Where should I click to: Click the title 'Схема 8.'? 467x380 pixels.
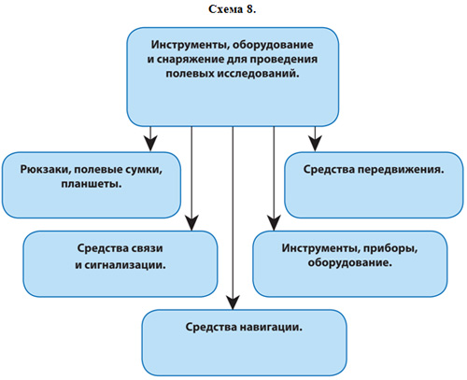[232, 9]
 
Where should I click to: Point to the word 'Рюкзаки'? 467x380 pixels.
[46, 170]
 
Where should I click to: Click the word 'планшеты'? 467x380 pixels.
[92, 184]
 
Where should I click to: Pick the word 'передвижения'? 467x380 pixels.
[401, 170]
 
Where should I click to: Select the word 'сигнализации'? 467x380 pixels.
[124, 265]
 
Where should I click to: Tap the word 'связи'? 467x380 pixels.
[146, 248]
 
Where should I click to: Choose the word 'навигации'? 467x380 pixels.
[271, 327]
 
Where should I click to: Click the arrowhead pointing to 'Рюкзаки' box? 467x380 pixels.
[150, 144]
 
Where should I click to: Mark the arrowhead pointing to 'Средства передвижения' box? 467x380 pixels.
[315, 144]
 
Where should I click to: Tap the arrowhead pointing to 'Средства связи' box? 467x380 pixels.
[191, 223]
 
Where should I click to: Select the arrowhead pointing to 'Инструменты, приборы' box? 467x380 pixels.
[274, 223]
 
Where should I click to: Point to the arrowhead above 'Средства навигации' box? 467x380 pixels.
[233, 302]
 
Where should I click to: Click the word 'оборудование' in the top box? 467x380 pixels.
[273, 45]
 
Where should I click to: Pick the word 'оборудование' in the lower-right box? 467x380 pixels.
[349, 262]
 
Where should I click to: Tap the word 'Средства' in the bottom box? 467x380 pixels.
[211, 327]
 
